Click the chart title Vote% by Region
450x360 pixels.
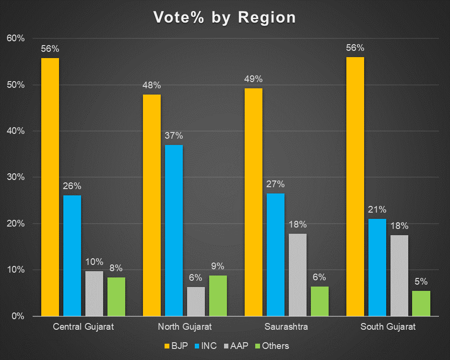point(225,17)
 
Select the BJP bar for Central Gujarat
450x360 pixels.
point(50,187)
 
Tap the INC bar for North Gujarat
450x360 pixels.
point(174,230)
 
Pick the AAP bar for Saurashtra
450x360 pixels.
point(297,275)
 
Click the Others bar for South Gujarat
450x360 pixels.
point(421,303)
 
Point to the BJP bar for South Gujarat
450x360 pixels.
point(355,187)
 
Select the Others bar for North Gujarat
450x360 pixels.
point(218,296)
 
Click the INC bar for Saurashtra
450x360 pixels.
point(275,254)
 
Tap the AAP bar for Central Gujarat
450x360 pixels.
point(94,293)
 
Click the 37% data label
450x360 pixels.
point(174,136)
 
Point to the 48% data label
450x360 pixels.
point(152,85)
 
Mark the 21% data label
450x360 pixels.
point(377,210)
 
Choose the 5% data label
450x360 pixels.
point(421,282)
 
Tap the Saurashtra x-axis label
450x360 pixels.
point(286,327)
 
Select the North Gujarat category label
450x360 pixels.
point(185,327)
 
